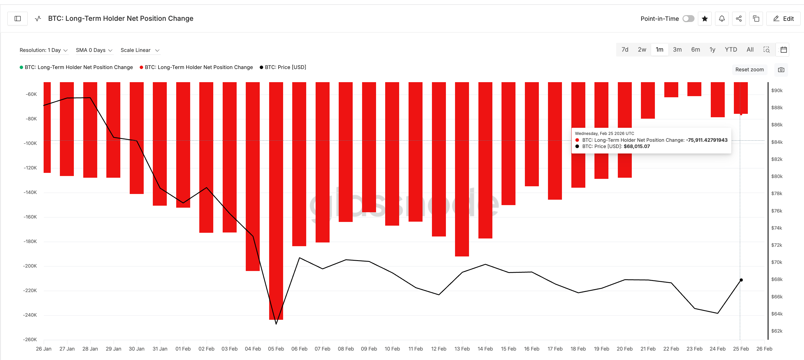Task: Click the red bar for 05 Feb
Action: click(276, 200)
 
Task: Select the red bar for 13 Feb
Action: click(462, 169)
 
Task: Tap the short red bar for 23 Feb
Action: click(694, 89)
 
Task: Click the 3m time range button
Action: click(677, 50)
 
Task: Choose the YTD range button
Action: click(731, 50)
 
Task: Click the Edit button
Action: click(783, 19)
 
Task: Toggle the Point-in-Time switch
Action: click(688, 19)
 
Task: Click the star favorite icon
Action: click(705, 19)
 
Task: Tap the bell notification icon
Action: click(722, 19)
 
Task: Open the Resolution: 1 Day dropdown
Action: click(44, 50)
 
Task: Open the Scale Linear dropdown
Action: click(140, 50)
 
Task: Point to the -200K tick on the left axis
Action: click(30, 266)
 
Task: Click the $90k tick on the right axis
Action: click(777, 90)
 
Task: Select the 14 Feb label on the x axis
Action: click(485, 349)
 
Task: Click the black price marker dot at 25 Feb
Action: click(741, 280)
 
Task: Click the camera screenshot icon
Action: click(781, 70)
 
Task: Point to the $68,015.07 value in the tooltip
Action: click(637, 146)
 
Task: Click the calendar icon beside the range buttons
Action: click(783, 50)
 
